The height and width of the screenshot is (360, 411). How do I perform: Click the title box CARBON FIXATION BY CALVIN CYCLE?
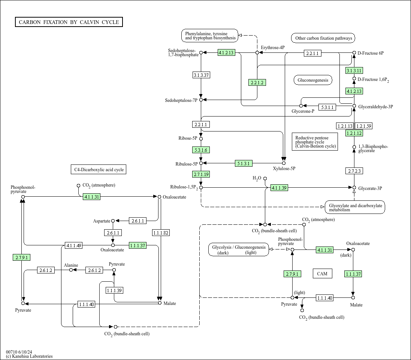[x=69, y=22]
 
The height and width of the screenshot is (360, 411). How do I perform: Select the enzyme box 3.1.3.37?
[x=201, y=75]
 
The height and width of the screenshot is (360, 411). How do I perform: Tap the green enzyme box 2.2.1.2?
[x=257, y=82]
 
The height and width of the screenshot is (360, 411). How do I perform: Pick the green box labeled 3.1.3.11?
[x=354, y=70]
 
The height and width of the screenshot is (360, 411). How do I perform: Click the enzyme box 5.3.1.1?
[x=327, y=107]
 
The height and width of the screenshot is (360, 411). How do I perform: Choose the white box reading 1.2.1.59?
[x=363, y=126]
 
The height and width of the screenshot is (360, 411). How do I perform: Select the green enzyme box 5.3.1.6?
[x=201, y=150]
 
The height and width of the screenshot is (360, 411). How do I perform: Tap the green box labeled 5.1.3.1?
[x=244, y=163]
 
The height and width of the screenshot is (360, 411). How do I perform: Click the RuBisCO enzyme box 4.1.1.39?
[x=279, y=188]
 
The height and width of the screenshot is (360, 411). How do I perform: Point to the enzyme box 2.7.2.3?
[x=354, y=171]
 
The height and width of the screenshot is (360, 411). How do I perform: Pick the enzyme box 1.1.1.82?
[x=161, y=233]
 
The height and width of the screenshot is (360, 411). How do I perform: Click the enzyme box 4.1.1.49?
[x=74, y=245]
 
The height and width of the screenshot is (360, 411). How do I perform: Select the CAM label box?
[x=323, y=273]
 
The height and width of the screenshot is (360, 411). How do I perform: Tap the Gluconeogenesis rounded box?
[x=313, y=80]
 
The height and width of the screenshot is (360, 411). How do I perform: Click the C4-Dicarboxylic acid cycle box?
[x=99, y=170]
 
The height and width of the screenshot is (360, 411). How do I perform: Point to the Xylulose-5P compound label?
[x=284, y=169]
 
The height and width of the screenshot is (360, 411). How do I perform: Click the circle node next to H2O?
[x=265, y=178]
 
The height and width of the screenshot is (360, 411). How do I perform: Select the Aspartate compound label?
[x=102, y=221]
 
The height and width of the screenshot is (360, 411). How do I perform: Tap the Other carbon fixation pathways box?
[x=323, y=38]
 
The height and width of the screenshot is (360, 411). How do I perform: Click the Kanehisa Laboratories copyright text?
[x=29, y=356]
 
